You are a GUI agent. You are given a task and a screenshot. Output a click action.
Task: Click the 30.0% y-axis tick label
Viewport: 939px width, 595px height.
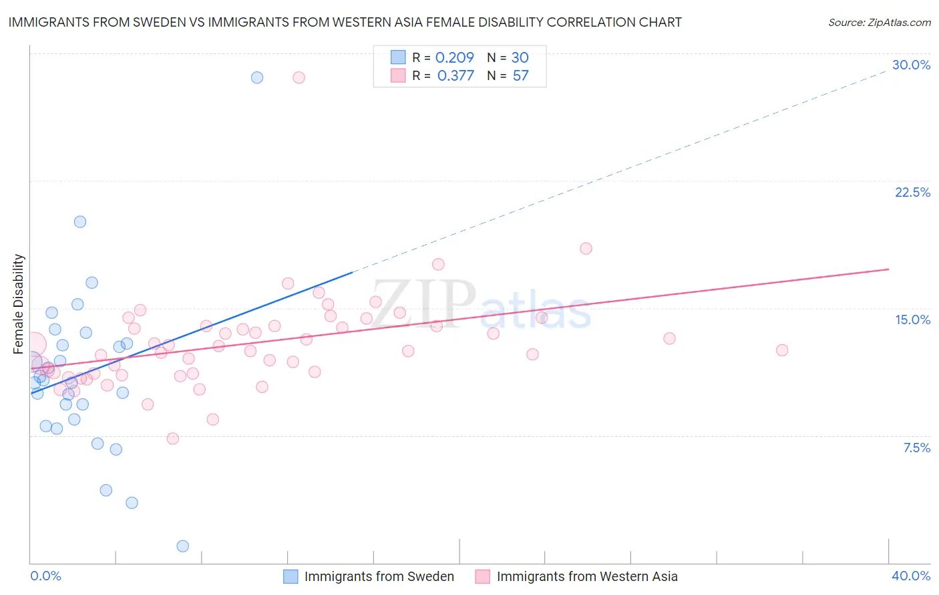pyautogui.click(x=911, y=65)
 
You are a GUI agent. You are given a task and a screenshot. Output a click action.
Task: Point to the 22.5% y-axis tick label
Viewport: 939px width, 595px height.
pyautogui.click(x=912, y=192)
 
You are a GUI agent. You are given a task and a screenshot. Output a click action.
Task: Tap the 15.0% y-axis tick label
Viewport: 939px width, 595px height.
pyautogui.click(x=912, y=320)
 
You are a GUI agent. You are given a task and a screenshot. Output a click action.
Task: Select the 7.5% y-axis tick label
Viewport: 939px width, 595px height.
pyautogui.click(x=916, y=448)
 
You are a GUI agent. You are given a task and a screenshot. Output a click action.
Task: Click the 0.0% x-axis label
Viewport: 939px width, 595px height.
pyautogui.click(x=45, y=576)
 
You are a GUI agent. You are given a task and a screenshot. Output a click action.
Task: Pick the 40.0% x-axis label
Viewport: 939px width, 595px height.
pyautogui.click(x=911, y=576)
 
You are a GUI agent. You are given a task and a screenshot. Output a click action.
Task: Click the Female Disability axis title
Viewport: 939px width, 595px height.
pyautogui.click(x=19, y=304)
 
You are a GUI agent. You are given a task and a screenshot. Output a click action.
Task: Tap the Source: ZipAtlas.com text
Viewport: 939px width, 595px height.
pyautogui.click(x=879, y=22)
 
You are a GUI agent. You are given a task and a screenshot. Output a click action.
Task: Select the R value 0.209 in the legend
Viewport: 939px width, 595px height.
pyautogui.click(x=454, y=58)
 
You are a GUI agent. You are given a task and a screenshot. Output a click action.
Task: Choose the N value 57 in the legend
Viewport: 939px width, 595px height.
pyautogui.click(x=520, y=76)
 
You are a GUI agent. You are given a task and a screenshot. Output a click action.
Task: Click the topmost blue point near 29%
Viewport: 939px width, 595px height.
pyautogui.click(x=257, y=77)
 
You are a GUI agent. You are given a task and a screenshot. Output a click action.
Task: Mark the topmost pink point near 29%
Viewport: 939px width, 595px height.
pyautogui.click(x=299, y=77)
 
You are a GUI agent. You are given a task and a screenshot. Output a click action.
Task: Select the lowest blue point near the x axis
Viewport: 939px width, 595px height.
pyautogui.click(x=182, y=546)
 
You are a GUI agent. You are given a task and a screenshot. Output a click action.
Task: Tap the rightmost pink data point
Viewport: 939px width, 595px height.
pyautogui.click(x=782, y=350)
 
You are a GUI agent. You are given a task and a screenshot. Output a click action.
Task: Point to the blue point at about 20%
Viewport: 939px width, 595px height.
pyautogui.click(x=80, y=222)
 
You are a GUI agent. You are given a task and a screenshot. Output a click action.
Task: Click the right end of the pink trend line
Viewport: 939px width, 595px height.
pyautogui.click(x=888, y=269)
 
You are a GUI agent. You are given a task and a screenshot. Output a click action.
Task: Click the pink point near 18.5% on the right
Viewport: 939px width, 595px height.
pyautogui.click(x=586, y=249)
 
